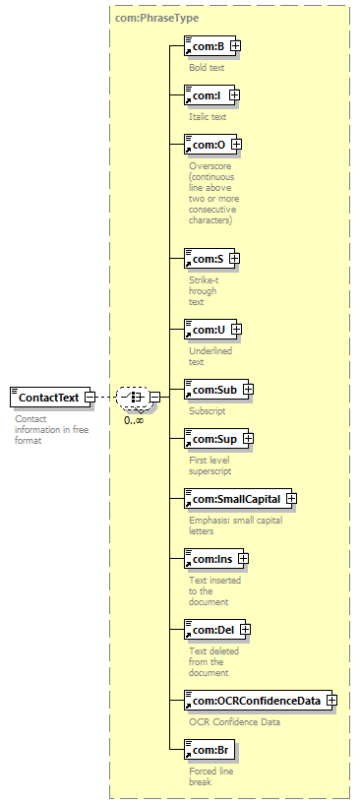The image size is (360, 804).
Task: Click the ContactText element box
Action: [x=50, y=398]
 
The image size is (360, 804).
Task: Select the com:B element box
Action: [x=210, y=45]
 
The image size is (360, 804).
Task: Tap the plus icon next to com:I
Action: [x=234, y=94]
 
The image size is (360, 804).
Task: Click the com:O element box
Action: [x=210, y=145]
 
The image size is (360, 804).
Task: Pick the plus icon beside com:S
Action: [x=234, y=259]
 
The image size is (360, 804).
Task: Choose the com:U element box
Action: [x=210, y=330]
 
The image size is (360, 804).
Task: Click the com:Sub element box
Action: [x=215, y=390]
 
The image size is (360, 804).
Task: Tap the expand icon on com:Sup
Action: [x=248, y=439]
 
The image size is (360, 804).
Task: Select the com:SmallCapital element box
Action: [x=238, y=498]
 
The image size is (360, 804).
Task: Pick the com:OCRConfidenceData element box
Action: [x=258, y=700]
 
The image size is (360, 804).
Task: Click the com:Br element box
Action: [x=210, y=750]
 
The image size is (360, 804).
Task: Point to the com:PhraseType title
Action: [x=157, y=18]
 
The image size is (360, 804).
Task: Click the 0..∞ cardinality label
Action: [x=134, y=420]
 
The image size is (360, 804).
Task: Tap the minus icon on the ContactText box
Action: [x=90, y=397]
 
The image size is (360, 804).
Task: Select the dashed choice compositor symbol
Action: [x=133, y=397]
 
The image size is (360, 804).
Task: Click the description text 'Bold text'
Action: [x=207, y=67]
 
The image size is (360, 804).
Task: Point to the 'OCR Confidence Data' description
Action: [x=235, y=722]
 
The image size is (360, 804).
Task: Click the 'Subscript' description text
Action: [x=208, y=411]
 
